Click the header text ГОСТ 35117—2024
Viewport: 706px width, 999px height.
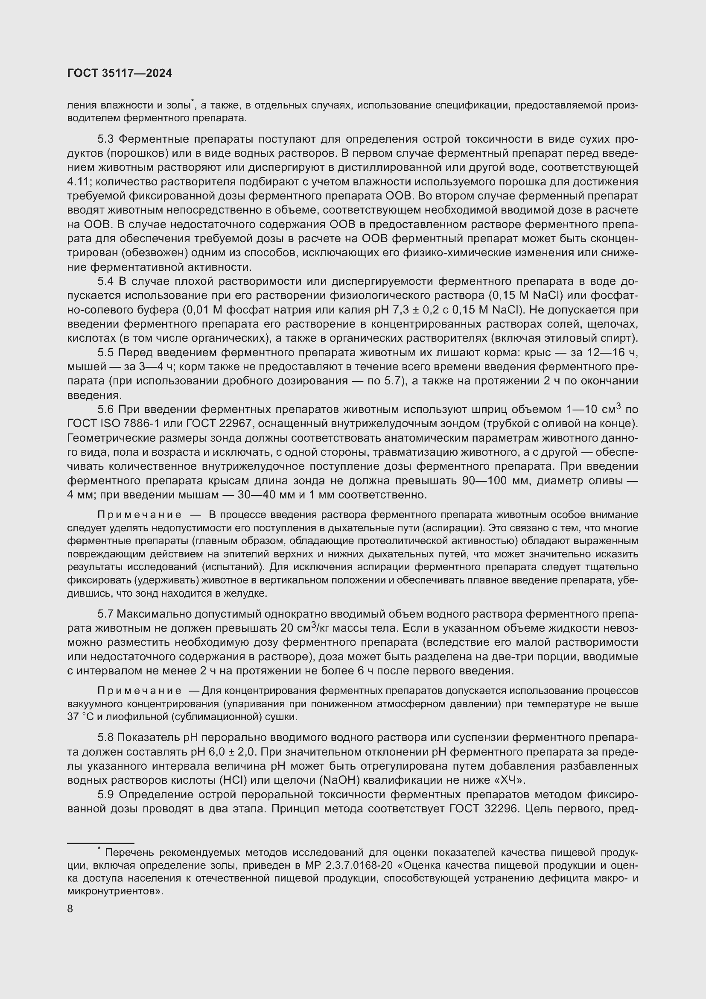point(120,73)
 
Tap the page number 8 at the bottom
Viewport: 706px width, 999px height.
point(70,909)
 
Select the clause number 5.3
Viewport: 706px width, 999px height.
point(105,139)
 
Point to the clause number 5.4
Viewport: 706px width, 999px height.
point(105,281)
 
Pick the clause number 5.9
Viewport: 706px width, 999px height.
point(105,794)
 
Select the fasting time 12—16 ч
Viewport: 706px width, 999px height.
point(607,352)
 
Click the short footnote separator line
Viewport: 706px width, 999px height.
point(100,843)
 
